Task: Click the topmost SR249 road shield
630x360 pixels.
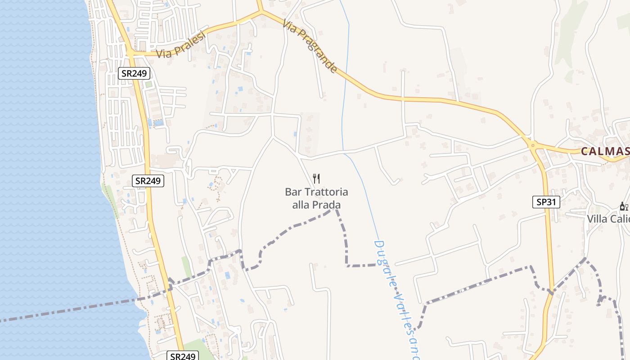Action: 134,73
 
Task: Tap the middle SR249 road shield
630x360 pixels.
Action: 148,181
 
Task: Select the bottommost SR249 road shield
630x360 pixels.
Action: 183,356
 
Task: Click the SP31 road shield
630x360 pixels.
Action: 546,202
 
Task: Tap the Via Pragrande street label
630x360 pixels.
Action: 310,45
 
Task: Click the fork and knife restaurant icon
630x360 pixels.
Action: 316,179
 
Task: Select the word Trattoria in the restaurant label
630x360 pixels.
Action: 326,192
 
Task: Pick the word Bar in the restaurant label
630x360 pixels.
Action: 293,192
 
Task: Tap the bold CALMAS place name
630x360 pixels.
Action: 605,151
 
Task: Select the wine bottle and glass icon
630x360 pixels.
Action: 624,207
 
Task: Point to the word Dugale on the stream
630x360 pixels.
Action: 383,261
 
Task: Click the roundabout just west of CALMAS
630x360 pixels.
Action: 533,144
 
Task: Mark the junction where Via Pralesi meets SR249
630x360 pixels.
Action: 130,53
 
